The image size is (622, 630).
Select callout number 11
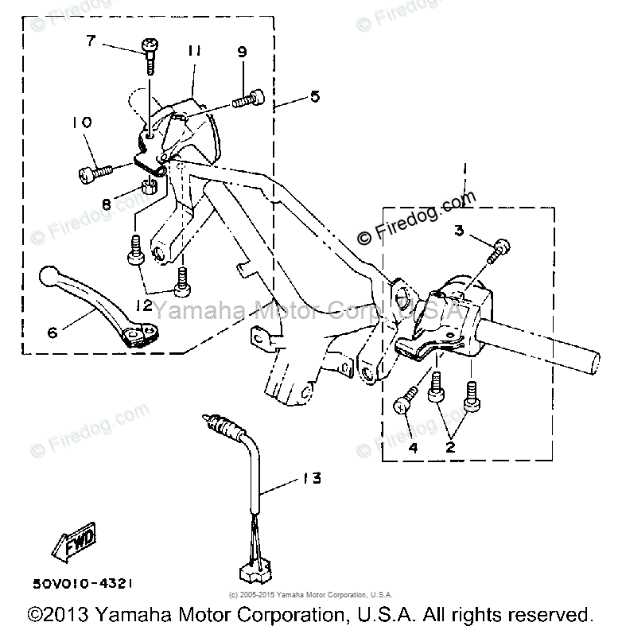tap(193, 51)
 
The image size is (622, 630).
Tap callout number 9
tap(242, 52)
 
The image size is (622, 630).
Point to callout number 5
tap(315, 96)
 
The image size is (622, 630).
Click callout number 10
tap(83, 122)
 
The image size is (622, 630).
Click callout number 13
tap(312, 478)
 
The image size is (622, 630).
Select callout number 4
tap(413, 449)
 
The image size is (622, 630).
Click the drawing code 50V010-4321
tap(82, 583)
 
